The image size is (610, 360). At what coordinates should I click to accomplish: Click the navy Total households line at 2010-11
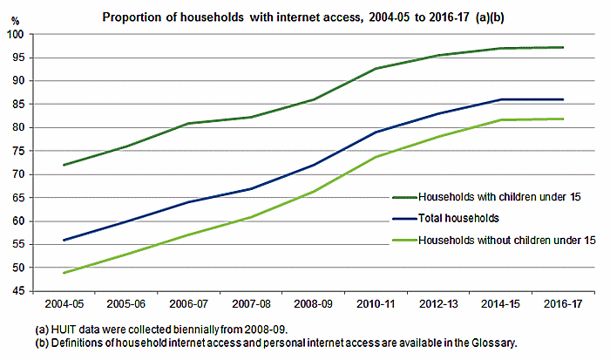click(376, 132)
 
